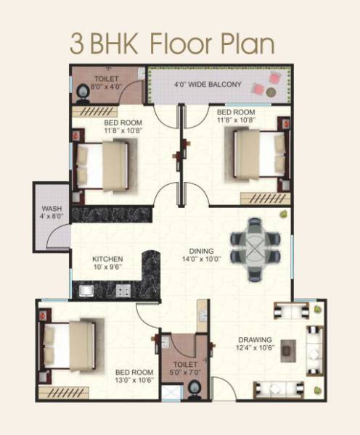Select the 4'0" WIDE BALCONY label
pos(208,85)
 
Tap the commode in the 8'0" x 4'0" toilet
pos(82,91)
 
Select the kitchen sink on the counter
pos(88,291)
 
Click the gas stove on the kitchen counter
pos(123,291)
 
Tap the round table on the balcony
pos(270,92)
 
